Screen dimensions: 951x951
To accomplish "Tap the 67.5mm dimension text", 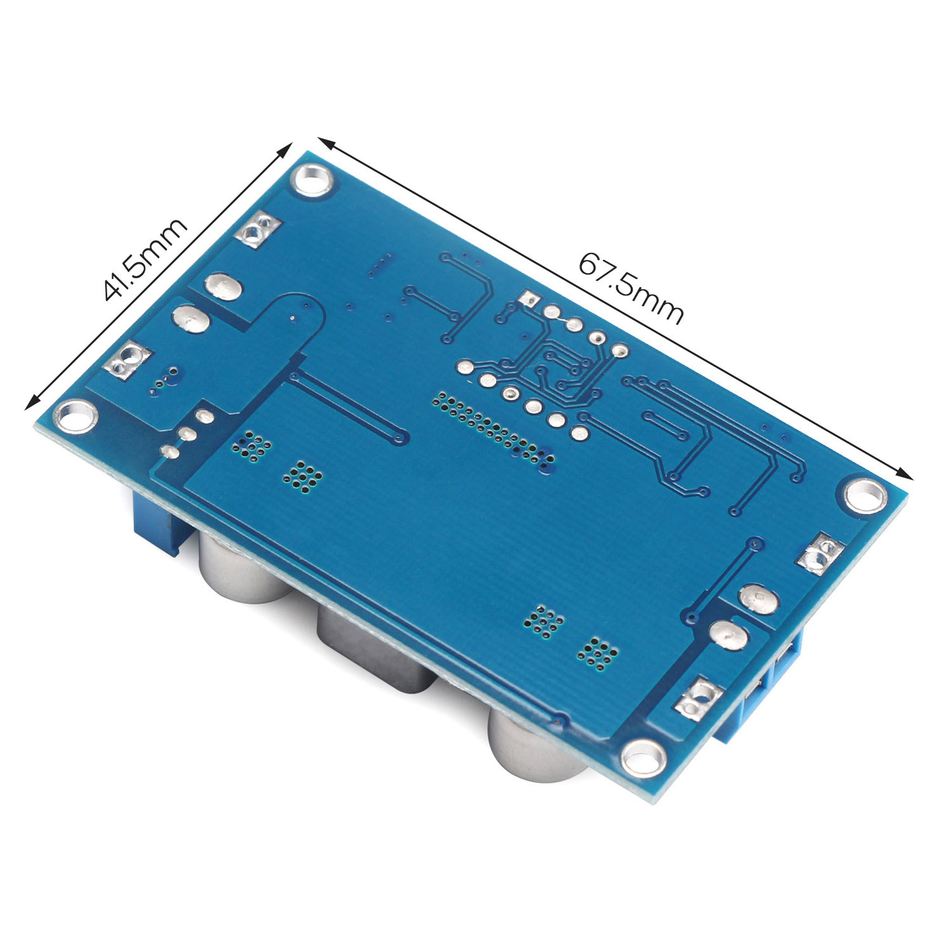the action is coord(631,289).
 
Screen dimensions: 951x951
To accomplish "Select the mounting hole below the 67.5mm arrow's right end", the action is coord(862,495).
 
